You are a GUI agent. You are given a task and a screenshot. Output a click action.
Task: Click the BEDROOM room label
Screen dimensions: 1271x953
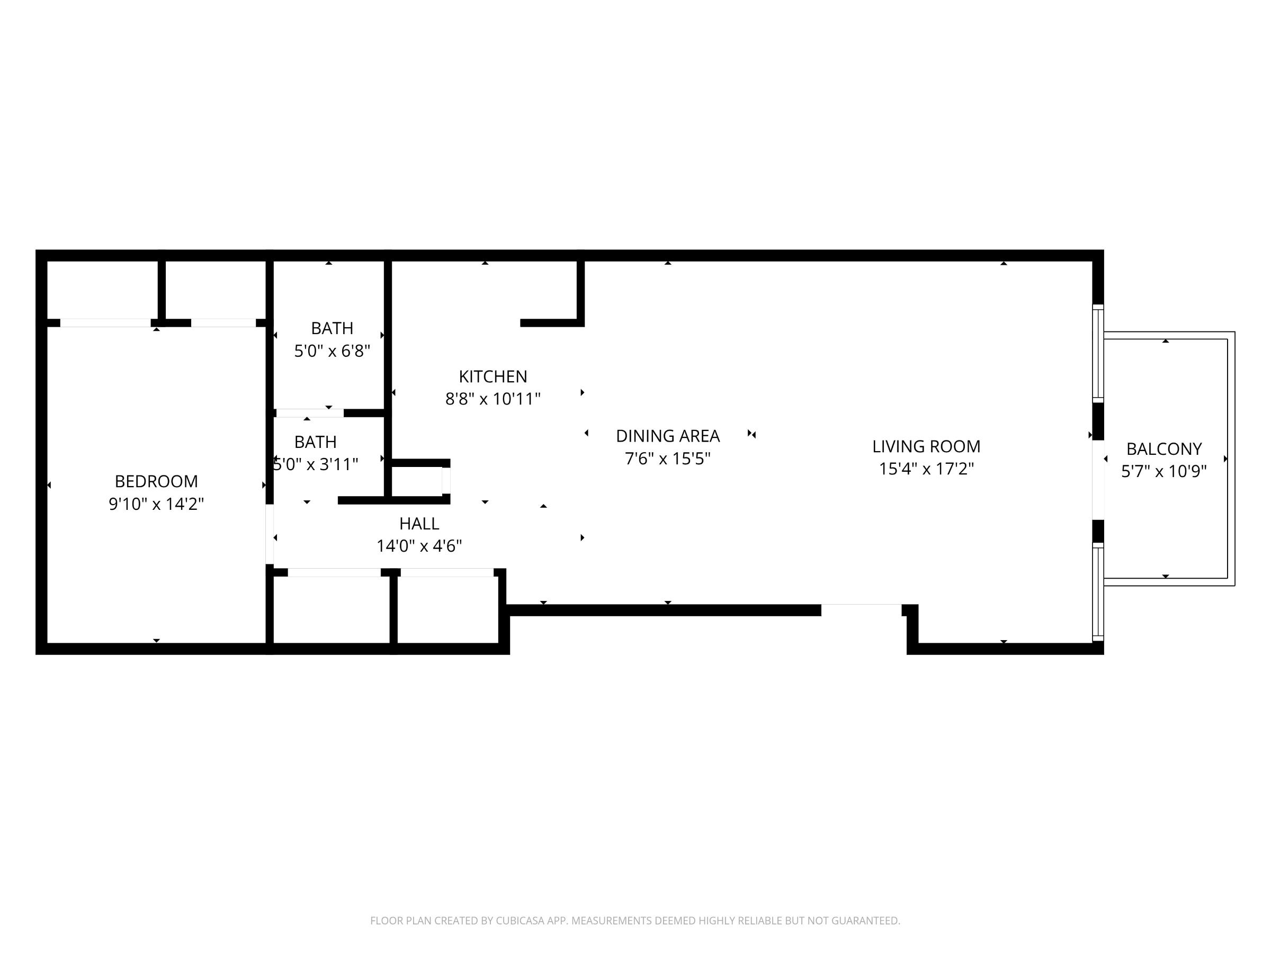[156, 481]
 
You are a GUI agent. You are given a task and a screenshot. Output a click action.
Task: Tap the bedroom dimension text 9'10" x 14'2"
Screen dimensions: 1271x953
[156, 504]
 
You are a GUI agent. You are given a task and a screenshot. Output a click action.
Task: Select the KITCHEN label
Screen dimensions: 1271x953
[493, 377]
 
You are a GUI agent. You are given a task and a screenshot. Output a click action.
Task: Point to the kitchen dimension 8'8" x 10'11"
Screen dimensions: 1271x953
[493, 399]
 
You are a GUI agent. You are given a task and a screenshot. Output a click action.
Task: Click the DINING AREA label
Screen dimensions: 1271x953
[668, 437]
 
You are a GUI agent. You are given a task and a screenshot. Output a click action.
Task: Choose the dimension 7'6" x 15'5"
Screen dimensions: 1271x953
[668, 459]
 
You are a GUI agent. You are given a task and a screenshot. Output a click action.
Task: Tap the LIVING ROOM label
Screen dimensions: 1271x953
[926, 446]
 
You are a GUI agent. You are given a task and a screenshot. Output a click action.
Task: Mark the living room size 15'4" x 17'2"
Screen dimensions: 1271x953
[926, 469]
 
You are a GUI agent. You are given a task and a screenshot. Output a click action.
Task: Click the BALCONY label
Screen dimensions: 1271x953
[1164, 448]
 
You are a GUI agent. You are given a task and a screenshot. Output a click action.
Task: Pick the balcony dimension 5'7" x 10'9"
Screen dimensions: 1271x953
[1164, 471]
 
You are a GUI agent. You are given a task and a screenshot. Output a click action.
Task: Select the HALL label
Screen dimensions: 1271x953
[419, 524]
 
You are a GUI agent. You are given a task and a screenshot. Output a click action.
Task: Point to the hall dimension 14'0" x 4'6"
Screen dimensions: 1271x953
[419, 546]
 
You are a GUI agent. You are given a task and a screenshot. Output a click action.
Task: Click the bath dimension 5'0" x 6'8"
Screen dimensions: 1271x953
[332, 351]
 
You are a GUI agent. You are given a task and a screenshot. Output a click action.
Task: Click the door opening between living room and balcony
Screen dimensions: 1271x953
[1098, 480]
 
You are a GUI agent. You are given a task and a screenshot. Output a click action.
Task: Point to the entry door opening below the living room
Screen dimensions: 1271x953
[861, 610]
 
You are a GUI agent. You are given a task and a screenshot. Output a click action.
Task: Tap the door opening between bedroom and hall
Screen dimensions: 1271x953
[270, 534]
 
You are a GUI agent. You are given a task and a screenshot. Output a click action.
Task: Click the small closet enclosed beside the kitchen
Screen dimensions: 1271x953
[418, 481]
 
